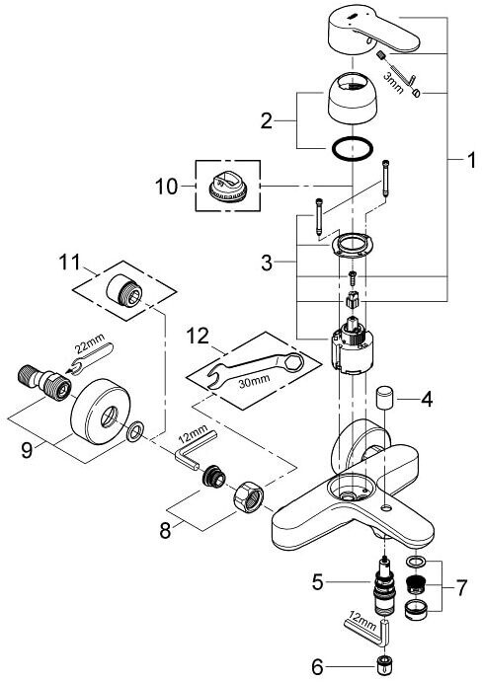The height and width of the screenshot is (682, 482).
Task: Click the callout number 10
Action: tap(166, 187)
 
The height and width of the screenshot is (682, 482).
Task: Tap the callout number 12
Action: tap(198, 337)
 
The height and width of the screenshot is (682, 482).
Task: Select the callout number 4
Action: tap(427, 400)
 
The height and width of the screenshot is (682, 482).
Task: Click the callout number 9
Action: tap(27, 450)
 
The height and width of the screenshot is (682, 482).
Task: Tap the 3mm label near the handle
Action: tap(394, 83)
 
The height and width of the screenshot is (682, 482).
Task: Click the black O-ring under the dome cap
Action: tap(353, 149)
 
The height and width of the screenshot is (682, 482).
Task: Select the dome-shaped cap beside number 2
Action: tap(352, 97)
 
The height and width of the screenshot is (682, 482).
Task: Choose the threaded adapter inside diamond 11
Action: tap(124, 290)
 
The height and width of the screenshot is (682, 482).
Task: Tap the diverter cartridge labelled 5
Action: tap(384, 586)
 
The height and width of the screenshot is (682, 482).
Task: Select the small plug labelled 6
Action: tap(383, 666)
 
